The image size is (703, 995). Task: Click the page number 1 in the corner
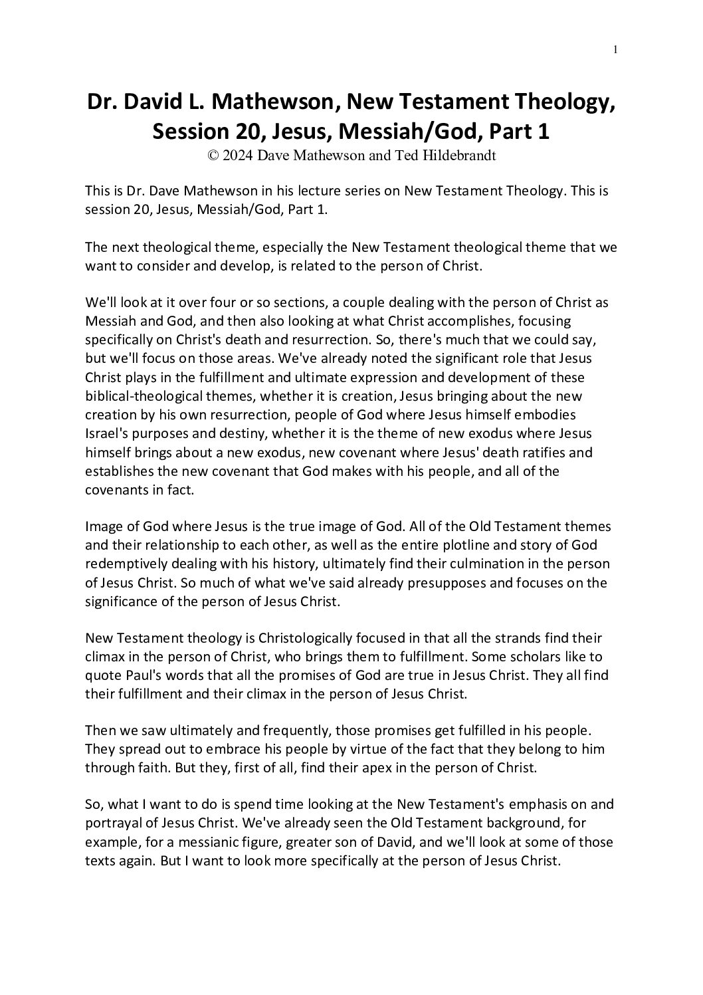point(616,49)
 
